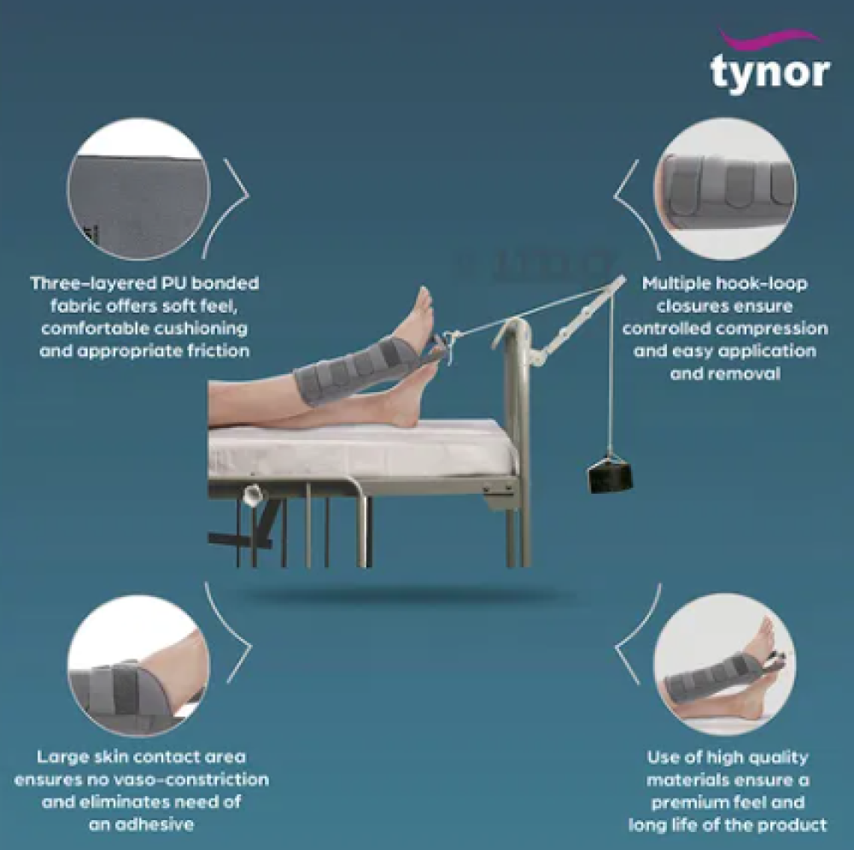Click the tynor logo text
pos(770,73)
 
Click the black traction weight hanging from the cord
pos(610,477)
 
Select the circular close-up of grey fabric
pos(138,189)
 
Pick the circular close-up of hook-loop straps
pos(725,189)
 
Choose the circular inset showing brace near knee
pos(138,665)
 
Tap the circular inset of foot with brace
pos(725,665)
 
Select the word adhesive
pos(158,824)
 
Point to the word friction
pos(219,350)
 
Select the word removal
pos(725,374)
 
